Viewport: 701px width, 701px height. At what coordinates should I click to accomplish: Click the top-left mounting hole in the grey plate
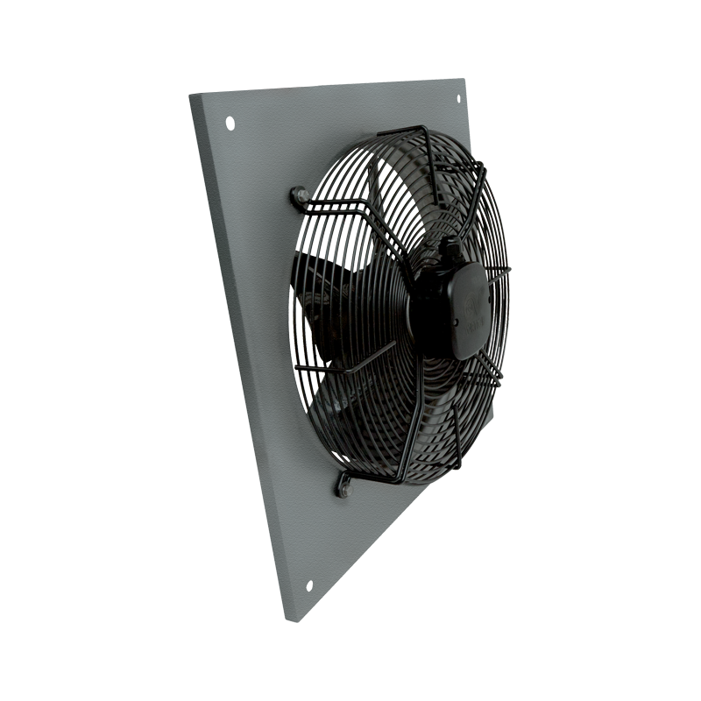(230, 123)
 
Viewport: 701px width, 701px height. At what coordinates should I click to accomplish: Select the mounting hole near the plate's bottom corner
(308, 586)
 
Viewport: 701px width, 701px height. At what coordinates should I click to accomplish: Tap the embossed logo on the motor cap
(471, 307)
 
